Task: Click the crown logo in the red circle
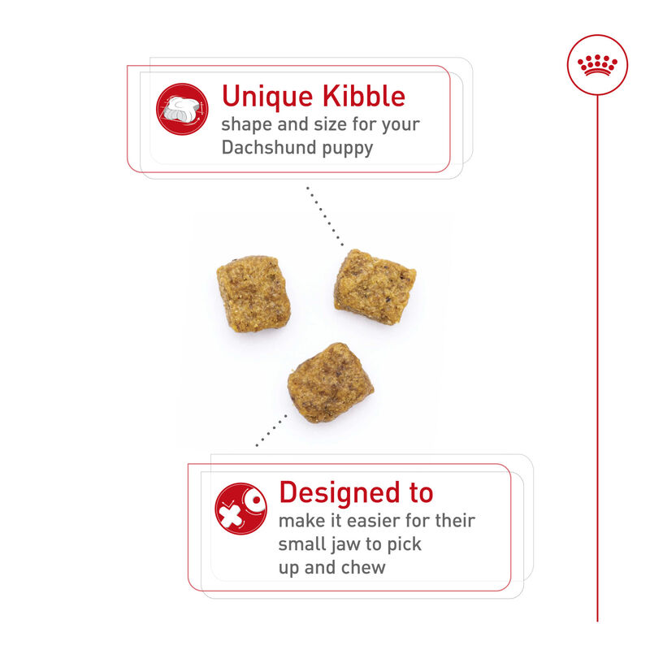(597, 65)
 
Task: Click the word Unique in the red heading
(266, 96)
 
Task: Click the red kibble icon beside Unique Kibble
(182, 109)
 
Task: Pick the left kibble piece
(253, 292)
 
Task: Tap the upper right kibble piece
(375, 285)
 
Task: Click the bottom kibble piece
(330, 382)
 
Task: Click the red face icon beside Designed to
(240, 509)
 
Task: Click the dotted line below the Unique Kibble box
(324, 215)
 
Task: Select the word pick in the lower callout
(405, 544)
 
